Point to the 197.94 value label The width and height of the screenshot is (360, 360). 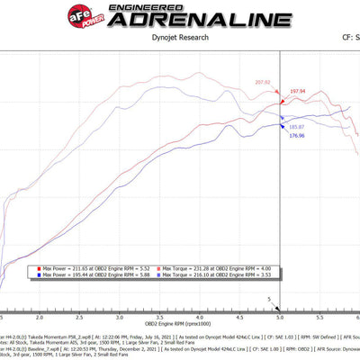[x=298, y=91]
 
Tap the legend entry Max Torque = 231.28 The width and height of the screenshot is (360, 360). [x=221, y=268]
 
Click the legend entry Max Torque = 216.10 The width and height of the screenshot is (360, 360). [x=221, y=274]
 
